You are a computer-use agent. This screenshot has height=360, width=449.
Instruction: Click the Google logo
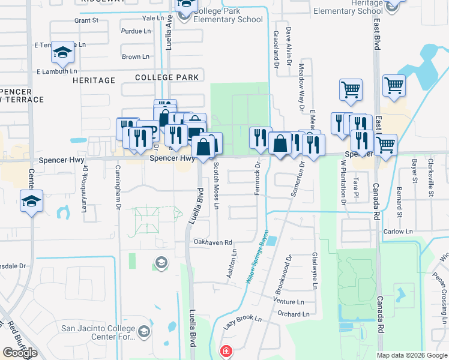[x=19, y=353]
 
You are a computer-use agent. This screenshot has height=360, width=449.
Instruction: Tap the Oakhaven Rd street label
[x=212, y=242]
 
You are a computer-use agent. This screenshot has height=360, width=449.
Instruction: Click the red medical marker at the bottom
[x=226, y=351]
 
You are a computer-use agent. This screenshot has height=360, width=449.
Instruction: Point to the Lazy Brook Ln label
[x=243, y=323]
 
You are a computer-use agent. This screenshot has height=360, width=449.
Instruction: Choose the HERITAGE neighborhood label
[x=94, y=80]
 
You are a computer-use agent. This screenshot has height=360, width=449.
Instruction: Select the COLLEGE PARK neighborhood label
[x=167, y=77]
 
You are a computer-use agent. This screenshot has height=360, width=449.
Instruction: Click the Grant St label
[x=86, y=20]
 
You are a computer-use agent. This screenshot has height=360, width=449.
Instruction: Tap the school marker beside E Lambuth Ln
[x=62, y=53]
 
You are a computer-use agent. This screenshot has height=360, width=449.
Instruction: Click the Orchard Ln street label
[x=294, y=314]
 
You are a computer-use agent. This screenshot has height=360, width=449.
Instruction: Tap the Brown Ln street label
[x=136, y=57]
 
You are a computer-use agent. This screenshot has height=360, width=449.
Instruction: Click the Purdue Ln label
[x=136, y=31]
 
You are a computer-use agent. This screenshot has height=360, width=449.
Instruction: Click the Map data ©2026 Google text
[x=411, y=355]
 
